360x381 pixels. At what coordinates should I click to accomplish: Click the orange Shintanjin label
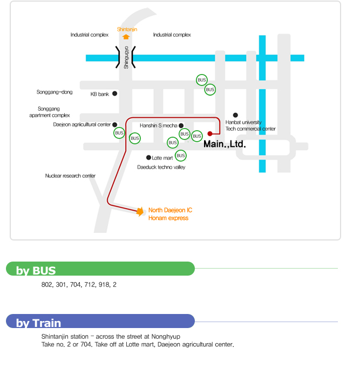pos(127,29)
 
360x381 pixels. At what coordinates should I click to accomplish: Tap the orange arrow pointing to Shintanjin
pos(126,37)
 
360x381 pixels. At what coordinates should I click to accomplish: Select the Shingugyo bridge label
pos(126,57)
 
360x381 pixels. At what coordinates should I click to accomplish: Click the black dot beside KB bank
pos(114,93)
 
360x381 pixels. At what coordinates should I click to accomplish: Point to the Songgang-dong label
pos(55,92)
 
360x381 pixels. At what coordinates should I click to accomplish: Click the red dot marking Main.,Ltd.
pos(210,133)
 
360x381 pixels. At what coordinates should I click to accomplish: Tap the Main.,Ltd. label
pos(224,144)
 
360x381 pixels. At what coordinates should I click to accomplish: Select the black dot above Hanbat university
pos(235,115)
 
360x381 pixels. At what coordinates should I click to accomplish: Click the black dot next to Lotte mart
pos(148,158)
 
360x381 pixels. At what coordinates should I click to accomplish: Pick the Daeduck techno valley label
pos(161,168)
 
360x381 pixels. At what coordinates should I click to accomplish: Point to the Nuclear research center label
pos(70,176)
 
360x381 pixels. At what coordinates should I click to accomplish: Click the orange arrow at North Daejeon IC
pos(140,211)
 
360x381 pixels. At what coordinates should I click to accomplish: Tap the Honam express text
pos(168,218)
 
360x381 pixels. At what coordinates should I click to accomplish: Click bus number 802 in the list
pos(47,284)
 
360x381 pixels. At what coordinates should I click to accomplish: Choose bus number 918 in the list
pos(104,284)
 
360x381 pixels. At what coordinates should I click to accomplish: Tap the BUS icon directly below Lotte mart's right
pos(181,156)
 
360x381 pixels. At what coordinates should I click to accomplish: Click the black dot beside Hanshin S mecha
pos(181,125)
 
